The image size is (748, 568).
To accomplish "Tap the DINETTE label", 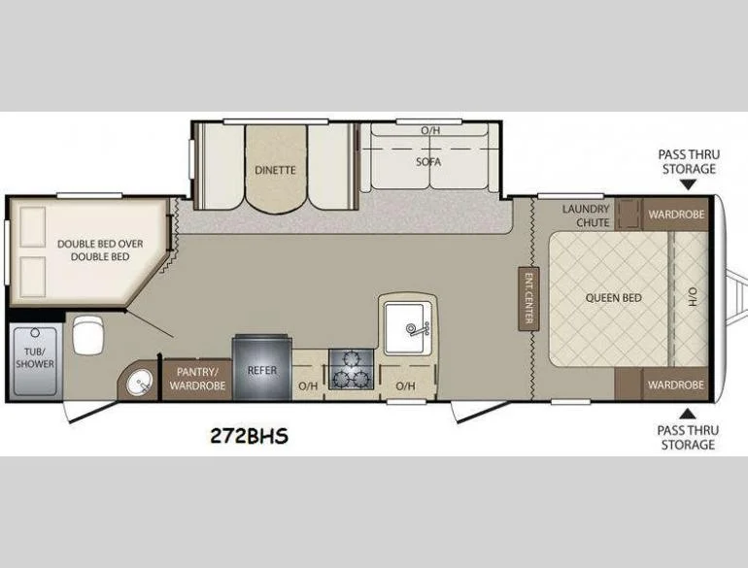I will click(x=275, y=170).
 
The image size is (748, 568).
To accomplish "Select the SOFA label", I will click(x=428, y=162).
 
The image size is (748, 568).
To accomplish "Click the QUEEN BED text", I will click(x=613, y=298).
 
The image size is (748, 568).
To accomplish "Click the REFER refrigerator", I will click(x=262, y=370).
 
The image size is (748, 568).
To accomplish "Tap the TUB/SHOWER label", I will click(x=34, y=357).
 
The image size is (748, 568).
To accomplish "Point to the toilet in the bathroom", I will click(x=89, y=335).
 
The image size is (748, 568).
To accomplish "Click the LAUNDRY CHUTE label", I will click(x=586, y=216).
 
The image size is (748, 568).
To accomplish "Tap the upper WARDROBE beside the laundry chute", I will click(x=676, y=214).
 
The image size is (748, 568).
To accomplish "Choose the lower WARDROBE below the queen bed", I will click(x=676, y=384).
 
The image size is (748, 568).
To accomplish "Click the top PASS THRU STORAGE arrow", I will click(x=686, y=184).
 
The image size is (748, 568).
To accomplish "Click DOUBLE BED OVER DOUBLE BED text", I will click(x=92, y=251).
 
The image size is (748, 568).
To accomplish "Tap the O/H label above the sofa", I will click(x=428, y=130).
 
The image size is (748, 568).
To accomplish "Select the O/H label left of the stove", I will click(x=308, y=386).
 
